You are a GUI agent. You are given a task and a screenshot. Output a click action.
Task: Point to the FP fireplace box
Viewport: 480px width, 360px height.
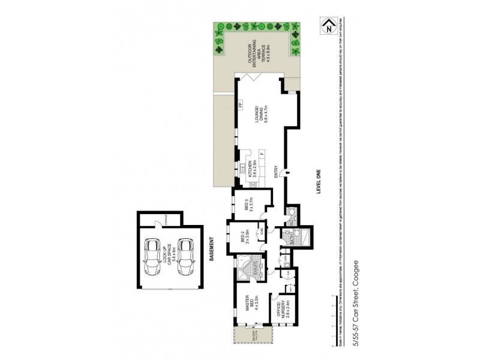pyautogui.click(x=240, y=106)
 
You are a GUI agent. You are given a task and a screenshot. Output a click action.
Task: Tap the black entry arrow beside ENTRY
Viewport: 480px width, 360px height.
pyautogui.click(x=287, y=173)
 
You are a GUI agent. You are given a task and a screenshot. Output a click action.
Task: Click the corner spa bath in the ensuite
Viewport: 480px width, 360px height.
pyautogui.click(x=245, y=266)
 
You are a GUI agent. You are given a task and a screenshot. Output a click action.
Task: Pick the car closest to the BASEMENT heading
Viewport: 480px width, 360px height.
pyautogui.click(x=185, y=254)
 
